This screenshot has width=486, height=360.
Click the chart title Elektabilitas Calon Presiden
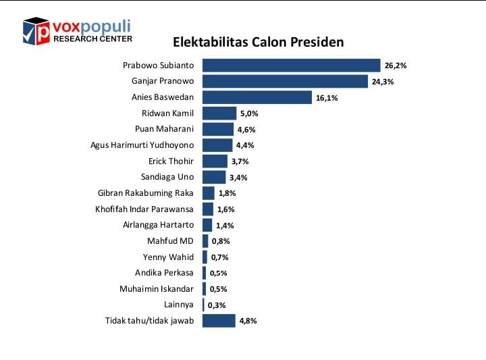coord(259,42)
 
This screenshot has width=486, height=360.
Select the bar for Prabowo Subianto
coord(292,66)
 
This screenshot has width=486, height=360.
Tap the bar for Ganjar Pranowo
coord(286,82)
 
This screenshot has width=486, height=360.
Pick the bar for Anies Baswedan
coord(257,97)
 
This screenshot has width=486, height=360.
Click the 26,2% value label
coord(396,66)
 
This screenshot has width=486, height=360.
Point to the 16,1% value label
coord(326,98)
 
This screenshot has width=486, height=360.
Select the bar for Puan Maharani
coord(218,129)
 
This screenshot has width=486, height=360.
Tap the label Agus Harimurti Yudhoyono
coord(142,145)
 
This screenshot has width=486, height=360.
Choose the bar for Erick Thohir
coord(215,161)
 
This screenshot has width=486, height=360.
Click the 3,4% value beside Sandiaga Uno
coord(238,178)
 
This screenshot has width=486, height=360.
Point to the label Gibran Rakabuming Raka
coord(145,192)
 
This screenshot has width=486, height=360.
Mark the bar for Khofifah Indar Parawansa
coord(208,209)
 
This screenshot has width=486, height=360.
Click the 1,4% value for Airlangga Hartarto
coord(224,226)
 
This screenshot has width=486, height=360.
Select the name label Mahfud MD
coord(170,240)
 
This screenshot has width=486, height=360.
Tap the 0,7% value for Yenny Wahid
coord(219,257)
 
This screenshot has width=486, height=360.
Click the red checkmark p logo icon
coord(36,31)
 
